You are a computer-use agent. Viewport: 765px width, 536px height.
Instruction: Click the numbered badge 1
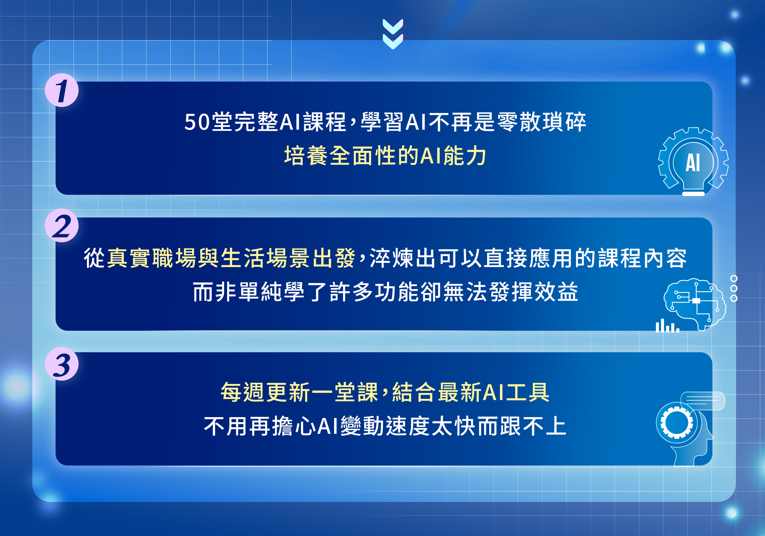62,90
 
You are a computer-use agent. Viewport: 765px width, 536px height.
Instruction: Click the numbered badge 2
62,226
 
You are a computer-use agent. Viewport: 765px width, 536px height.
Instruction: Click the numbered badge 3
62,364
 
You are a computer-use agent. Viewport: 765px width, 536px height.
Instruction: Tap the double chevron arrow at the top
393,34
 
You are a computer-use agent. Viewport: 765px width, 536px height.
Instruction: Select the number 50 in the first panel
197,122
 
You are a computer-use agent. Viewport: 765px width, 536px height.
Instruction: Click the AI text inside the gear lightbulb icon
693,163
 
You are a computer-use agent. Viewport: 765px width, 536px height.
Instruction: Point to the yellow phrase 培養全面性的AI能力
385,156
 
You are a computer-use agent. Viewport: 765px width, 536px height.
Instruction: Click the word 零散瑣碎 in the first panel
541,122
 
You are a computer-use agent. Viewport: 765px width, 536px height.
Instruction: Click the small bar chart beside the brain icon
667,326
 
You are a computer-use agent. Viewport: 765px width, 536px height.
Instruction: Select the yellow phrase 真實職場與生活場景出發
231,258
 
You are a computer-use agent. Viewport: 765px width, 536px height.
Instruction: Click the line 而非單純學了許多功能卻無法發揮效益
385,292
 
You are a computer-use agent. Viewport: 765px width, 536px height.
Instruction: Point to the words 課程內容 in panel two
642,258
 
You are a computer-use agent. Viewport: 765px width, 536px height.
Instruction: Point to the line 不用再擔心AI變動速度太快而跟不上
385,426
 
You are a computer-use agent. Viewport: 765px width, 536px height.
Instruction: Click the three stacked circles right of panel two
734,288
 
